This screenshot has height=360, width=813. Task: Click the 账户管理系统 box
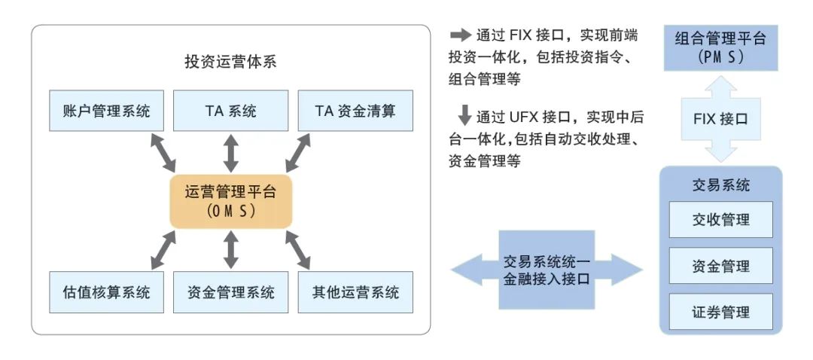click(x=107, y=111)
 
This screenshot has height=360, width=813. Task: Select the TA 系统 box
click(x=230, y=111)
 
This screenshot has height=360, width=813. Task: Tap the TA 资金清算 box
click(x=355, y=111)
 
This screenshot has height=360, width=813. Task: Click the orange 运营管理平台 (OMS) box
click(x=230, y=201)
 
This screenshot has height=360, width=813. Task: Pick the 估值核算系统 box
click(x=107, y=292)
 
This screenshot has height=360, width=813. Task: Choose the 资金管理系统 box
click(x=230, y=292)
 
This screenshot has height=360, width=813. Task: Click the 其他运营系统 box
click(x=355, y=292)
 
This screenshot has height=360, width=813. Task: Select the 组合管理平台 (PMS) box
click(x=720, y=47)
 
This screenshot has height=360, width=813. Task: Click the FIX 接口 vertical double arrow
click(x=720, y=118)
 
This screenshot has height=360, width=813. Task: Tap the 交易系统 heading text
click(x=720, y=185)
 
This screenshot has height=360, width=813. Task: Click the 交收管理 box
click(x=720, y=220)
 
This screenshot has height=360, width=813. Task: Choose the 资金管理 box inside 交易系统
click(x=720, y=266)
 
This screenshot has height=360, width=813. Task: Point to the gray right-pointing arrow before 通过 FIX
click(x=460, y=35)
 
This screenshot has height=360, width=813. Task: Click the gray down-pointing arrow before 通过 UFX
click(x=464, y=116)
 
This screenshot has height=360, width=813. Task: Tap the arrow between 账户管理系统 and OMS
click(x=163, y=153)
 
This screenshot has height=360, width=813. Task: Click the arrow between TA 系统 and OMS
click(x=231, y=153)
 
